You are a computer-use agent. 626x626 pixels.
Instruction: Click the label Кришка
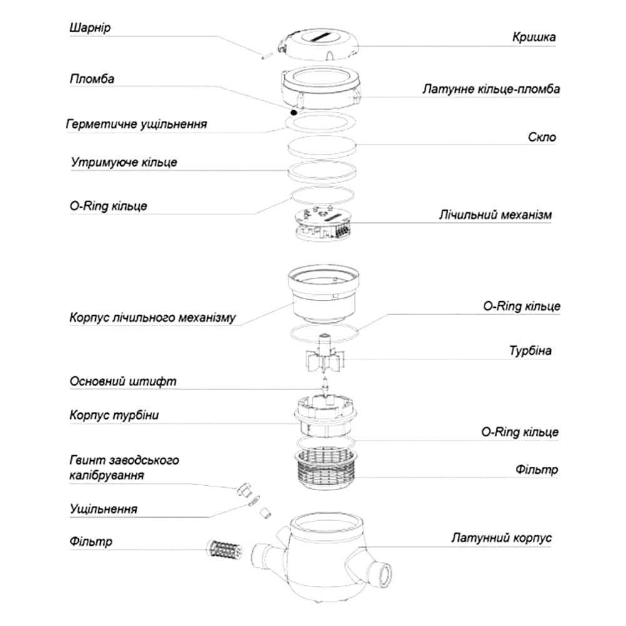[533, 37]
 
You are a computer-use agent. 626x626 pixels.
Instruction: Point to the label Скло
[541, 137]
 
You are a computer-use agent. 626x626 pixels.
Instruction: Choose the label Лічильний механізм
[496, 215]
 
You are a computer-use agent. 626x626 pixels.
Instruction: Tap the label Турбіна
[530, 351]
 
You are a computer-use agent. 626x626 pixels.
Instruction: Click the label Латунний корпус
[501, 538]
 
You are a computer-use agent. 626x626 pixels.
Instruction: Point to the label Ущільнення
[103, 508]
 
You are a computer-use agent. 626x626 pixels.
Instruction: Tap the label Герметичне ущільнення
[136, 123]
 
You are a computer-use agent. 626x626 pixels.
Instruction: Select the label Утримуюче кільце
[124, 162]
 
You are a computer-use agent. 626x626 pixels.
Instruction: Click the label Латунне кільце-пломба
[491, 90]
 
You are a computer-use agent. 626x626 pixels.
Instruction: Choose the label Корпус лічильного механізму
[153, 317]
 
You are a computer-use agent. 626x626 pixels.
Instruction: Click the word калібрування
[108, 476]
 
